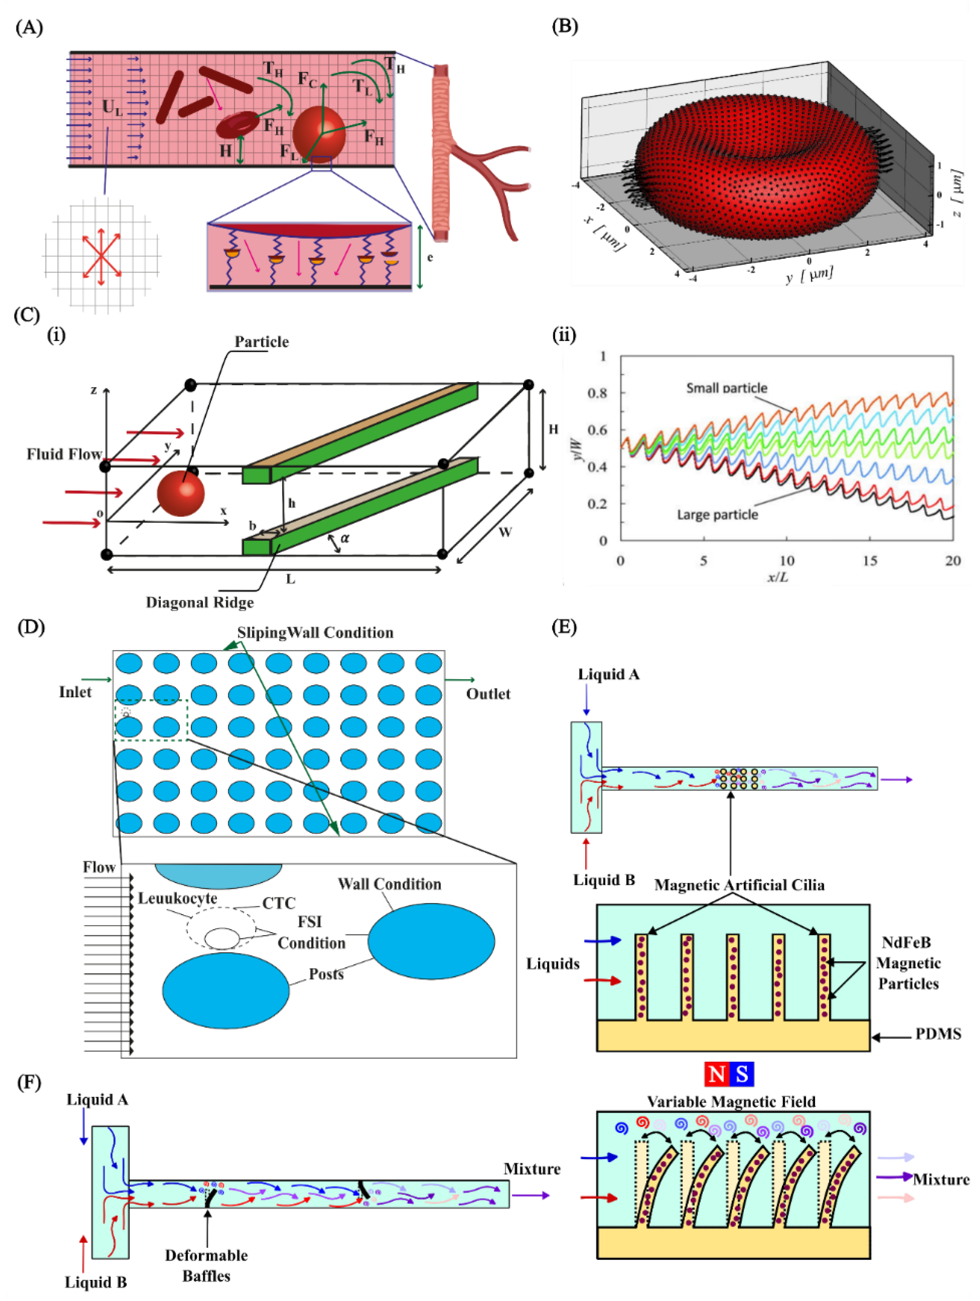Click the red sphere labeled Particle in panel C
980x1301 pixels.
(x=180, y=493)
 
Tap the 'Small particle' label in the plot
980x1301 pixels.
(x=727, y=388)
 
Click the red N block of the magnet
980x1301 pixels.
(x=717, y=1074)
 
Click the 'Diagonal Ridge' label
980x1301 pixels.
(x=200, y=602)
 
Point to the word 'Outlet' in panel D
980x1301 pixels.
(x=488, y=694)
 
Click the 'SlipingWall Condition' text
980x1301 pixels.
(x=315, y=633)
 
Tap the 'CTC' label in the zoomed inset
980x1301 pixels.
(x=279, y=903)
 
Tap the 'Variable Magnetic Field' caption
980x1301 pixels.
(x=731, y=1102)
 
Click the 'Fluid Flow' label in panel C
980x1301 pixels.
(x=64, y=454)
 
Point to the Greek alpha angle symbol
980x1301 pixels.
(x=345, y=537)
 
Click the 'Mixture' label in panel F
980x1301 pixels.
(x=532, y=1169)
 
